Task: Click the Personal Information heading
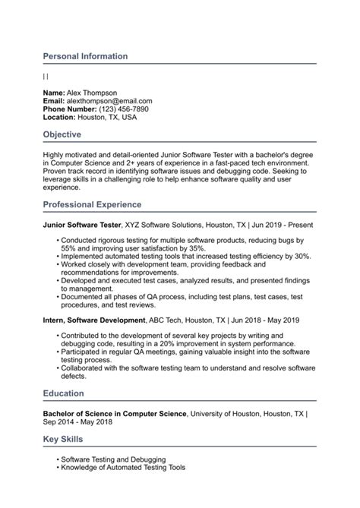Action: coord(85,56)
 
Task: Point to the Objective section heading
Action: coord(68,134)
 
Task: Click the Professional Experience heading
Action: coord(92,205)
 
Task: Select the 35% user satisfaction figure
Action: coord(196,248)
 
